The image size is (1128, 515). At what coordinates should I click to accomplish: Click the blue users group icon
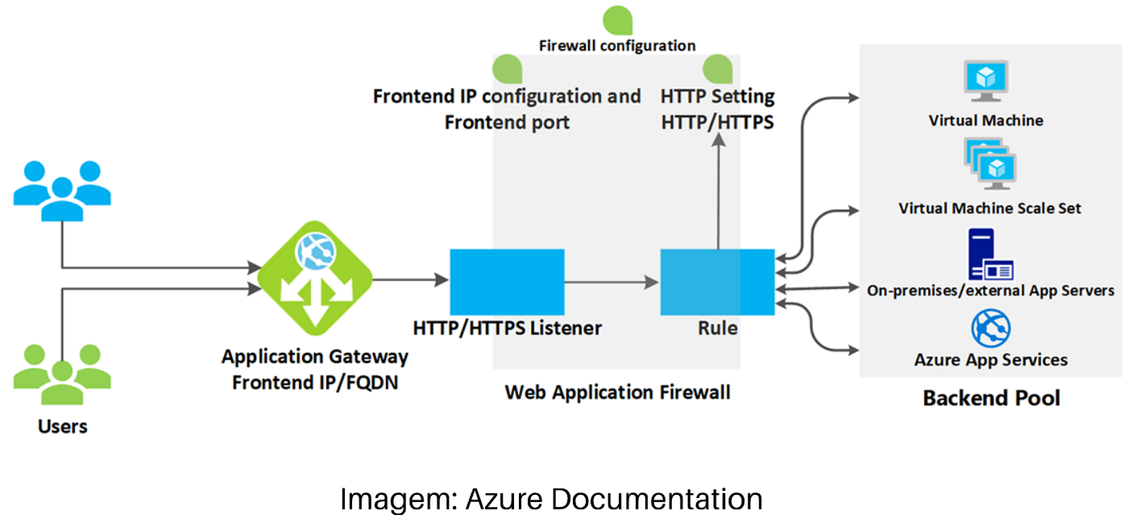point(62,190)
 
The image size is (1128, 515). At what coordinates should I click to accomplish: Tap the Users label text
point(62,426)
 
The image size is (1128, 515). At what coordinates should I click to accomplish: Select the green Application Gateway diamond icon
point(315,280)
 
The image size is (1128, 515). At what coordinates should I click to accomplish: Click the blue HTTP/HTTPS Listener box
point(506,281)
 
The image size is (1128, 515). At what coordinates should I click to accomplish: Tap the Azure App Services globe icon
point(990,328)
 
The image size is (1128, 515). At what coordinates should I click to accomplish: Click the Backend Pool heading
point(991,398)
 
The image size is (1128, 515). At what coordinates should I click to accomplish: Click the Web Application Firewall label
point(617,392)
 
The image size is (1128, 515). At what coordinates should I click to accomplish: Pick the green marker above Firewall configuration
point(618,19)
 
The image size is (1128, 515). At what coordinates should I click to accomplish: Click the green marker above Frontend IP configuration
point(508,70)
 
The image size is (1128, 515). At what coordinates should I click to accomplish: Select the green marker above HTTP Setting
point(718,70)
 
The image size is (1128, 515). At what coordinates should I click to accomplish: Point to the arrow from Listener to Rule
point(611,281)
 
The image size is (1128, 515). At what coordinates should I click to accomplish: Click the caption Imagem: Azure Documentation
point(551,499)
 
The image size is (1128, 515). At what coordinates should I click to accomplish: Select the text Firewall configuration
point(617,46)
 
